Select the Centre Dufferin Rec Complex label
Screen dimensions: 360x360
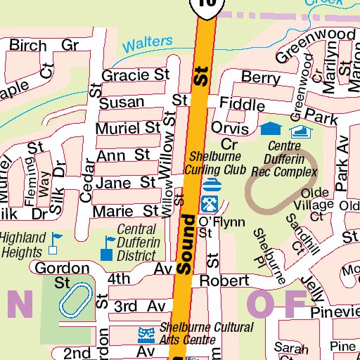(x=285, y=159)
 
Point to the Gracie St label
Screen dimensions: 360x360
(x=136, y=75)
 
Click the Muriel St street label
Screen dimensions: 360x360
(x=129, y=128)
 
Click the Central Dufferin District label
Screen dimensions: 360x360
(x=140, y=243)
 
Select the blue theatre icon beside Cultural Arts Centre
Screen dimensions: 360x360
(x=146, y=332)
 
